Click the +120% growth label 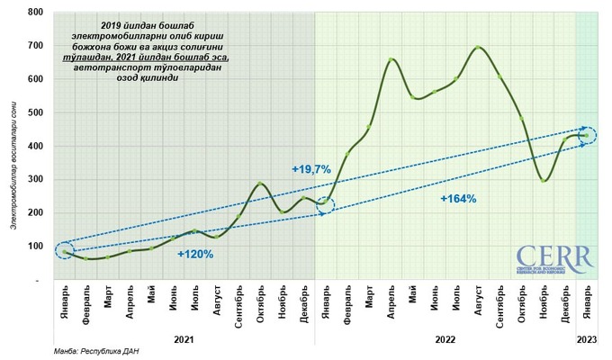click(x=195, y=255)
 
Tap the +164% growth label click(x=458, y=198)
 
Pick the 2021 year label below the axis click(x=184, y=339)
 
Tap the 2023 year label click(x=587, y=339)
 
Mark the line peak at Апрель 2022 click(x=391, y=59)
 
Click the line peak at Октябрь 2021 click(x=260, y=184)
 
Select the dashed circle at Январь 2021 click(x=64, y=251)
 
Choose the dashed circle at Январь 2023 click(x=588, y=136)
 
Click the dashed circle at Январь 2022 click(x=325, y=204)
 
